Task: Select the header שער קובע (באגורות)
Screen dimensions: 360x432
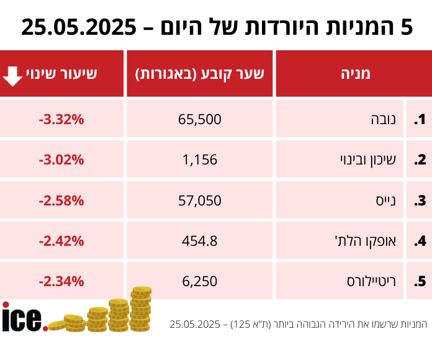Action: click(x=200, y=74)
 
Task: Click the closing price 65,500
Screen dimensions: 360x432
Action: click(x=200, y=119)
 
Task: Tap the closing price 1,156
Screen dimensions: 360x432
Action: click(x=200, y=160)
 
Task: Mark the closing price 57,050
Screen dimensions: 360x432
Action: click(x=200, y=200)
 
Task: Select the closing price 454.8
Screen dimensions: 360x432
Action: click(x=200, y=241)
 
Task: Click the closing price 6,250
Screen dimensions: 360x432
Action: click(x=200, y=281)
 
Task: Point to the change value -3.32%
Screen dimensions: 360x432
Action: click(x=61, y=119)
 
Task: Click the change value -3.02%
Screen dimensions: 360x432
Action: click(x=61, y=160)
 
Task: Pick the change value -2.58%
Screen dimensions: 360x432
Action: click(x=61, y=200)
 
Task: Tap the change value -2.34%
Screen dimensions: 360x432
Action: click(x=61, y=281)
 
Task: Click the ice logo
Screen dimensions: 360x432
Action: click(x=23, y=317)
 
